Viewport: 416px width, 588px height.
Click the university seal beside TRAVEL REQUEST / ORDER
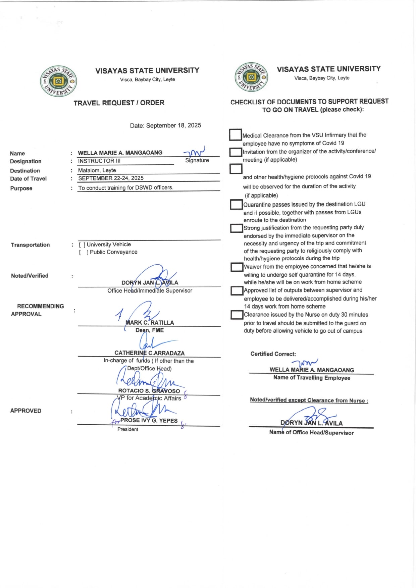58,81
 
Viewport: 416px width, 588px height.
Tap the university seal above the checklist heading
251,77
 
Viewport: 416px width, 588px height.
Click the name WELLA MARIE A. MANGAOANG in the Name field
120,153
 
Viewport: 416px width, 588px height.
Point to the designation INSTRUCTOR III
99,161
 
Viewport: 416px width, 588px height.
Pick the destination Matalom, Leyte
97,170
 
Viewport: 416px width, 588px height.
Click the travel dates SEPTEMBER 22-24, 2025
111,178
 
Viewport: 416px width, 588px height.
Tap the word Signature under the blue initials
197,160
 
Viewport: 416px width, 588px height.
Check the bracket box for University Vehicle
82,245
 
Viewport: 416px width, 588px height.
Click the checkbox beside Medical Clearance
236,135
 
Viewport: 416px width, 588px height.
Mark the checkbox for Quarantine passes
236,204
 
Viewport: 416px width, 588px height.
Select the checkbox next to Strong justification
237,228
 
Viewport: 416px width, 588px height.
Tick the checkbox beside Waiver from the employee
237,267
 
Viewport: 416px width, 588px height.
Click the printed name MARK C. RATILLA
150,323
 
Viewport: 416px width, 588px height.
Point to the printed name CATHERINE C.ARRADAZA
149,353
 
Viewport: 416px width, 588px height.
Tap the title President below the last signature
127,429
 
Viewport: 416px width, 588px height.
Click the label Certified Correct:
273,354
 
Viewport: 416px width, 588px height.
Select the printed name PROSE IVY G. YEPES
149,421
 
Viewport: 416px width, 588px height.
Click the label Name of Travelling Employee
312,378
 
